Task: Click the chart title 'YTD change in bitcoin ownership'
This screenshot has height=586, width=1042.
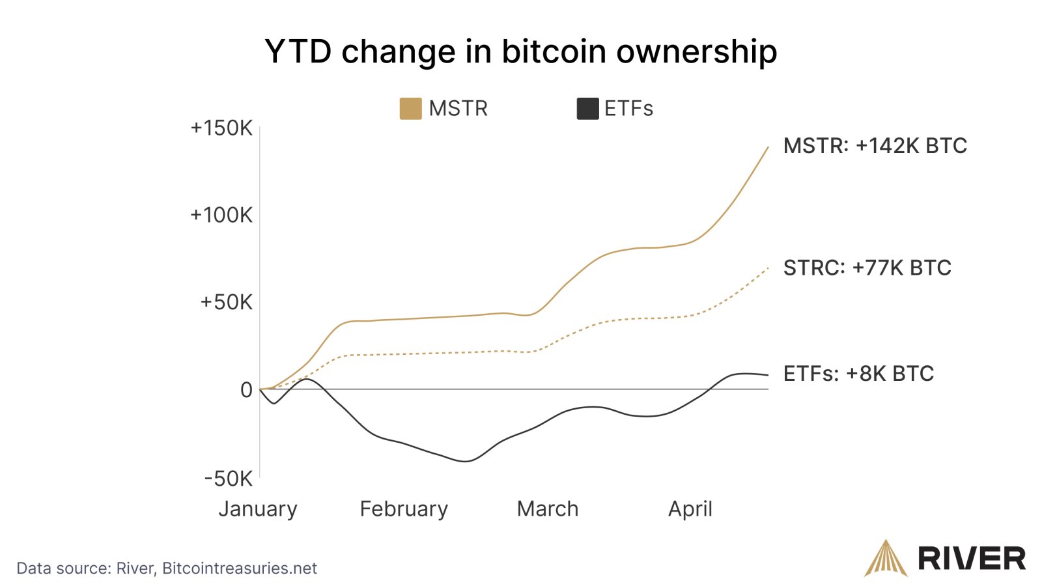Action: coord(520,51)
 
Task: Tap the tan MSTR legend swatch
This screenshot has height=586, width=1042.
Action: coord(410,109)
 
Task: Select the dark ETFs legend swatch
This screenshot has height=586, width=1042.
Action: coord(587,109)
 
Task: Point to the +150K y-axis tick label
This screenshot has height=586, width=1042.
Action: coord(221,128)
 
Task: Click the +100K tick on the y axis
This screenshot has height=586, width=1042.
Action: coord(221,215)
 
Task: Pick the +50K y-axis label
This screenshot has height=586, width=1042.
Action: coord(226,302)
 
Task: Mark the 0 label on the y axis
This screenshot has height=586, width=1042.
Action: coord(246,390)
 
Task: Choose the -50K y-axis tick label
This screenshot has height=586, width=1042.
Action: coord(228,479)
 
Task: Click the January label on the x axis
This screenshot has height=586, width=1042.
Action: coord(258,509)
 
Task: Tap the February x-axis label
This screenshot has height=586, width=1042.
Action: coord(404,509)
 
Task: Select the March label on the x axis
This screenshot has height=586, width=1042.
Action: coord(548,509)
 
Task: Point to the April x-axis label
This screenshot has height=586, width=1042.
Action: coord(690,509)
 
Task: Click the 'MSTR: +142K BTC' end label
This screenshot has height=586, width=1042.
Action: coord(875,146)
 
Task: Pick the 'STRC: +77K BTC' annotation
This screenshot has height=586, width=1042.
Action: coord(867,268)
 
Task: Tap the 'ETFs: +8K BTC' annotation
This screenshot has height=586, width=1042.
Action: coord(858,374)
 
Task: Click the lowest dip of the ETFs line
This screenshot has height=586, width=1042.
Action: coord(466,461)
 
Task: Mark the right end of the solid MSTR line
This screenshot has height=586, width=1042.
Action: coord(768,148)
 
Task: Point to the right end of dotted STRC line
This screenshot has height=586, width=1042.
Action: coord(768,268)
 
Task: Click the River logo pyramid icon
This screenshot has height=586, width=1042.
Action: coord(885,559)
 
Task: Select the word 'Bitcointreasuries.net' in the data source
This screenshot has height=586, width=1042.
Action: coord(239,568)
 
